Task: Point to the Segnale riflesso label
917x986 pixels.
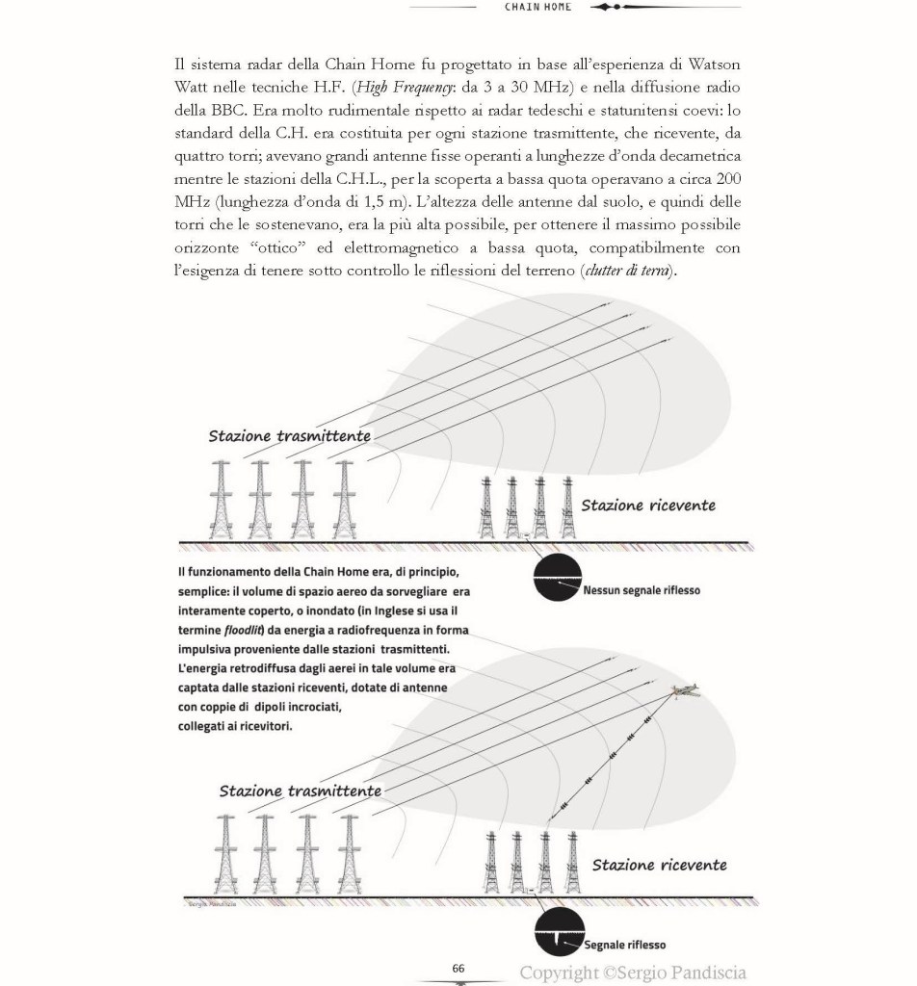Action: click(625, 945)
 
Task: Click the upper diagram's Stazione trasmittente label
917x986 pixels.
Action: click(290, 436)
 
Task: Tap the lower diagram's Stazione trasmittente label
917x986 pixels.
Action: click(300, 791)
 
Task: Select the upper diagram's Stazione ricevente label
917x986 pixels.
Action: click(648, 505)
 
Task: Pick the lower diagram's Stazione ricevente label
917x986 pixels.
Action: click(659, 865)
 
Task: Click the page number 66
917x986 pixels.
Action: click(458, 967)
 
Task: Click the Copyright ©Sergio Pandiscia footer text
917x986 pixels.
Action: click(634, 973)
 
